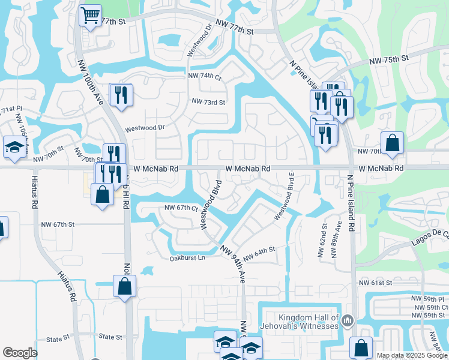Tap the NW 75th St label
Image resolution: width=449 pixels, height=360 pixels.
388,59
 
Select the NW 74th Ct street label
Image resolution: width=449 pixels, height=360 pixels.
205,77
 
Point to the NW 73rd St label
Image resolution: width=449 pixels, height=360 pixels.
208,103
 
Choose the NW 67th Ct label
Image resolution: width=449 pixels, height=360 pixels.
181,208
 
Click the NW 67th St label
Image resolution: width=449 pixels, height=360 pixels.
59,224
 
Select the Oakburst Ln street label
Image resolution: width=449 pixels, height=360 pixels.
187,258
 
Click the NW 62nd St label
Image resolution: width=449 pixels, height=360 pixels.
323,236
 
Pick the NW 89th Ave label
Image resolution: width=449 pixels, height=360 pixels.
337,236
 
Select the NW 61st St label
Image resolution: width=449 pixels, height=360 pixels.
375,282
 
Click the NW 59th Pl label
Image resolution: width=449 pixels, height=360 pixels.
428,298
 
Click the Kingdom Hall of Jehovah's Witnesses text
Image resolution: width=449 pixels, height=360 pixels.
309,322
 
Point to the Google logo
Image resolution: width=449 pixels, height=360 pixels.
20,353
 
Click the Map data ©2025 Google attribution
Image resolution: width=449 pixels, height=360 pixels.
411,355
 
